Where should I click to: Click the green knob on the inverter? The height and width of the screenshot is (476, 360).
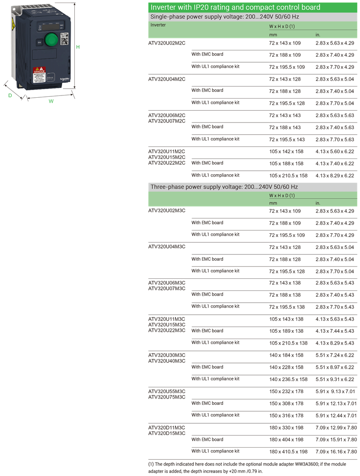tap(51, 40)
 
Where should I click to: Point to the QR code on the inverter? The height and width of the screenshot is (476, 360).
tap(64, 39)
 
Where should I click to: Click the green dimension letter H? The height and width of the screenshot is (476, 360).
tap(78, 47)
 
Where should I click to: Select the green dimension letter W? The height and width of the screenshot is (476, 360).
tap(51, 101)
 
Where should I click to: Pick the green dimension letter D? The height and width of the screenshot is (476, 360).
tap(10, 95)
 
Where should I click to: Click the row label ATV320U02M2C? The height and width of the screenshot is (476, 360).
tap(167, 43)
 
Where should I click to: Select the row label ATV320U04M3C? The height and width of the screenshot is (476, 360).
tap(167, 246)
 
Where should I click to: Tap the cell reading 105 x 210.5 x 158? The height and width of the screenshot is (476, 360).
tap(288, 176)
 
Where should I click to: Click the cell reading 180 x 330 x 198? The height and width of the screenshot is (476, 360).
tap(286, 428)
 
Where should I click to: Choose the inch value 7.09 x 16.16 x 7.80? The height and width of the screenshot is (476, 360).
tap(336, 452)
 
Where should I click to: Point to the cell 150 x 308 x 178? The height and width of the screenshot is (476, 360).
tap(286, 403)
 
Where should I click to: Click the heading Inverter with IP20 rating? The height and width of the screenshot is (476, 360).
tap(235, 7)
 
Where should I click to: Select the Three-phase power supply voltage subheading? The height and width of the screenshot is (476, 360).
tap(224, 187)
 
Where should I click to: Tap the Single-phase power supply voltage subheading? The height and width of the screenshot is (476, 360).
tap(225, 17)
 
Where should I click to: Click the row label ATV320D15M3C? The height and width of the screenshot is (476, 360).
tap(167, 433)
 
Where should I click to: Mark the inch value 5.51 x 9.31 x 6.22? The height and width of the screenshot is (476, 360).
tap(335, 380)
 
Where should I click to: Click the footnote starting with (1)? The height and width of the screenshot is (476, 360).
tap(247, 468)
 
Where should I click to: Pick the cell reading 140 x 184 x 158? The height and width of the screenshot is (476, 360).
tap(286, 355)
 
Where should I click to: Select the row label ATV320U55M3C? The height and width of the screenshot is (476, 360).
tap(167, 391)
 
